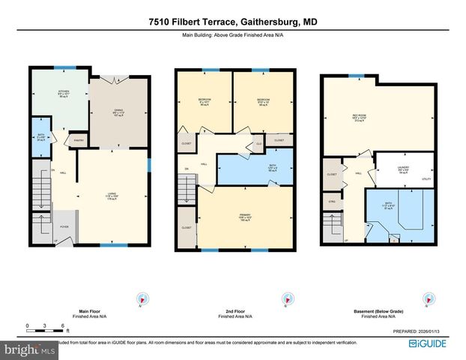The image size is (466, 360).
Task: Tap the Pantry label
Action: pos(77,139)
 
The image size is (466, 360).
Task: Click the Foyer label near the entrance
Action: pos(64,225)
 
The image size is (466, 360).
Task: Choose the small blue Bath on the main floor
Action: pos(40,137)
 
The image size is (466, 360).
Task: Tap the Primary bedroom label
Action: pos(244,217)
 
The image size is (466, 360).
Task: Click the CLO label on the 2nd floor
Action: pos(258,142)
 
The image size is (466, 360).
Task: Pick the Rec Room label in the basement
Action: pos(378,116)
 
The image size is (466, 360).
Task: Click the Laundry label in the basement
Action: pos(402,168)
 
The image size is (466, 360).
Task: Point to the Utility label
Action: pos(426,179)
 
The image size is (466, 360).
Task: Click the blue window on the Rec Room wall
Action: pos(354,76)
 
